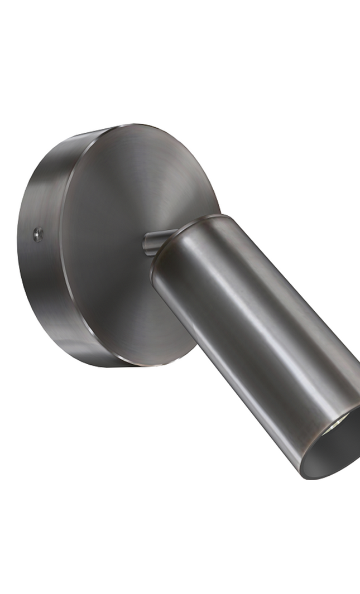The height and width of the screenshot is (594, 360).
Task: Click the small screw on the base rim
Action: coord(38,234)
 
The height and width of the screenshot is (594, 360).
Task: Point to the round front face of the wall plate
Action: coord(128,234)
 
